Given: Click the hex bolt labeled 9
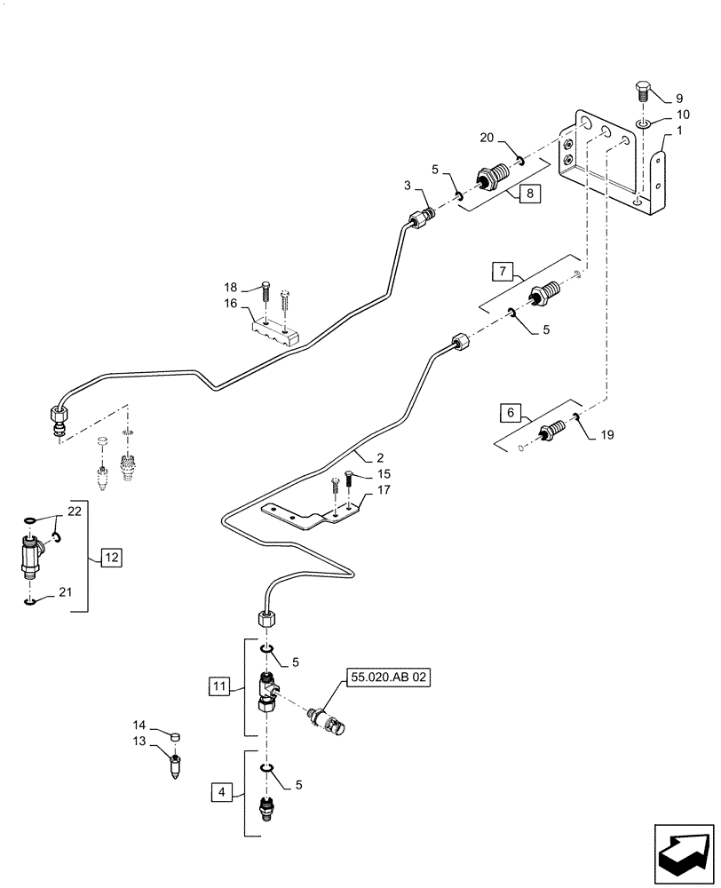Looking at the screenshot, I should coord(645,92).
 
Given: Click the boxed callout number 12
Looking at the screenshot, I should coord(111,559).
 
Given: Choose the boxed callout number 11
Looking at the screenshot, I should coord(218,686).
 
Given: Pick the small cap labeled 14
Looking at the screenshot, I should coord(176,736).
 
